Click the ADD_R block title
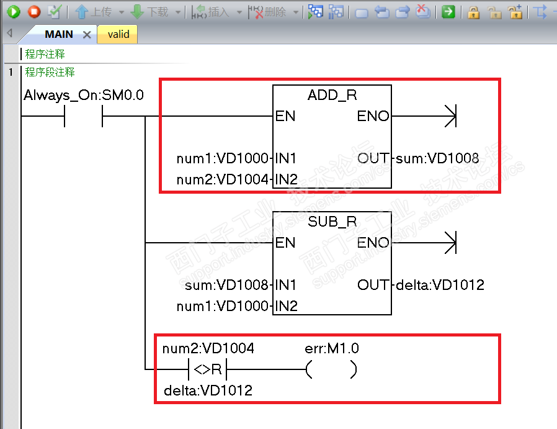pyautogui.click(x=332, y=96)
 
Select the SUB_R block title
pyautogui.click(x=332, y=222)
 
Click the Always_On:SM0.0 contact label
pyautogui.click(x=84, y=96)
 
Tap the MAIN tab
pyautogui.click(x=59, y=35)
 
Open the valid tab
pyautogui.click(x=118, y=35)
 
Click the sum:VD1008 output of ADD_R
pyautogui.click(x=437, y=158)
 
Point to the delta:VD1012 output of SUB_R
pyautogui.click(x=440, y=285)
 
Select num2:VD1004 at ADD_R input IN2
pyautogui.click(x=223, y=180)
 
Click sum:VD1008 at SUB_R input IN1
pyautogui.click(x=227, y=285)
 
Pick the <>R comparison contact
pyautogui.click(x=208, y=370)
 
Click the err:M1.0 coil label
pyautogui.click(x=331, y=349)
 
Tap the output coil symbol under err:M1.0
pyautogui.click(x=331, y=370)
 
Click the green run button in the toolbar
pyautogui.click(x=14, y=11)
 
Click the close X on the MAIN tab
pyautogui.click(x=87, y=35)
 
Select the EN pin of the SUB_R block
pyautogui.click(x=285, y=243)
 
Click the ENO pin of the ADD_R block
pyautogui.click(x=373, y=116)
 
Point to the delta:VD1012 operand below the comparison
pyautogui.click(x=208, y=391)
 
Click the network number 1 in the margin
pyautogui.click(x=11, y=73)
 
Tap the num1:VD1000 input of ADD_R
pyautogui.click(x=223, y=158)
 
